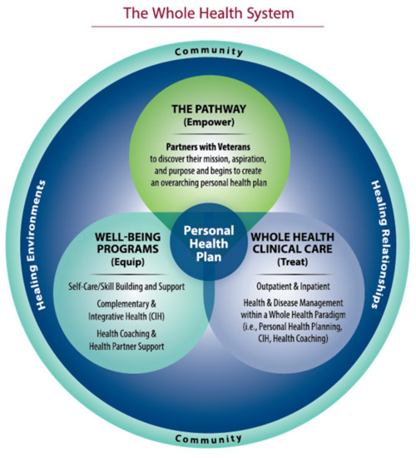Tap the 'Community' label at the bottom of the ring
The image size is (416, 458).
tap(208, 438)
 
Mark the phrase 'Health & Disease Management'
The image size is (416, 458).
tap(299, 306)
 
